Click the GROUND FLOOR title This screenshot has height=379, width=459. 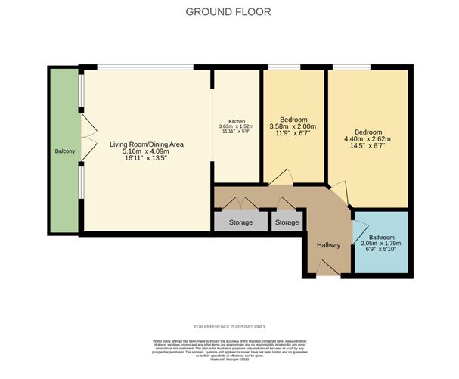[229, 12]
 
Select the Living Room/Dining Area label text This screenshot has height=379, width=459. [147, 144]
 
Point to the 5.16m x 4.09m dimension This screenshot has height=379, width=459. [147, 151]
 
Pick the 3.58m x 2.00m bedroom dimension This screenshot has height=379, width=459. [293, 126]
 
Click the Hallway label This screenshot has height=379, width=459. [329, 245]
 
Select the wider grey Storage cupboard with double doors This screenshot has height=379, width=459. [240, 222]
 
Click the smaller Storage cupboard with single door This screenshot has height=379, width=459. [287, 222]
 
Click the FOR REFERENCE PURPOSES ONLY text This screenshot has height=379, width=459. [229, 326]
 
